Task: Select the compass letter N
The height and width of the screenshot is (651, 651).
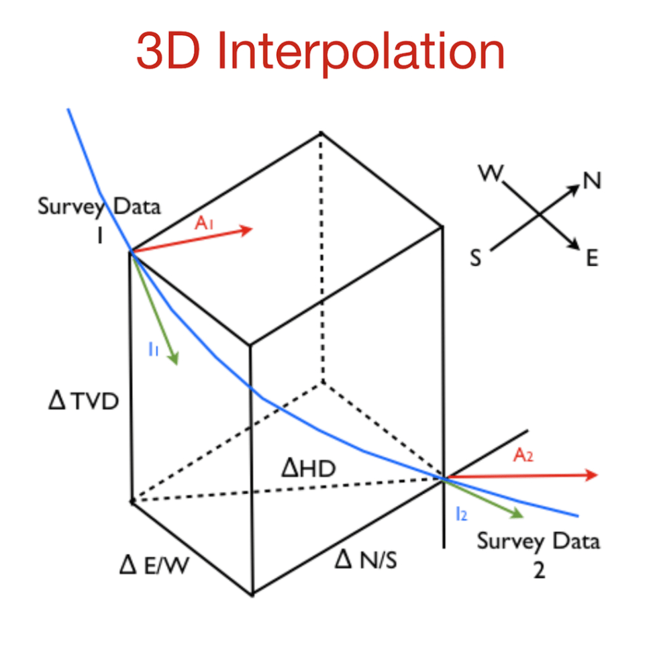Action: coord(592,181)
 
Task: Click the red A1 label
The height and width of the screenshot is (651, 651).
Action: coord(205,223)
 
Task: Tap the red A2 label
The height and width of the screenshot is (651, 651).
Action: coord(523,456)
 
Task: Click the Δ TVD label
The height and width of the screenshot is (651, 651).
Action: coord(85,402)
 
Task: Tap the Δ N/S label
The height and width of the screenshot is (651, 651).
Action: coord(365,558)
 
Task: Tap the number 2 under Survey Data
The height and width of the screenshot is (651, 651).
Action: coord(538,570)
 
